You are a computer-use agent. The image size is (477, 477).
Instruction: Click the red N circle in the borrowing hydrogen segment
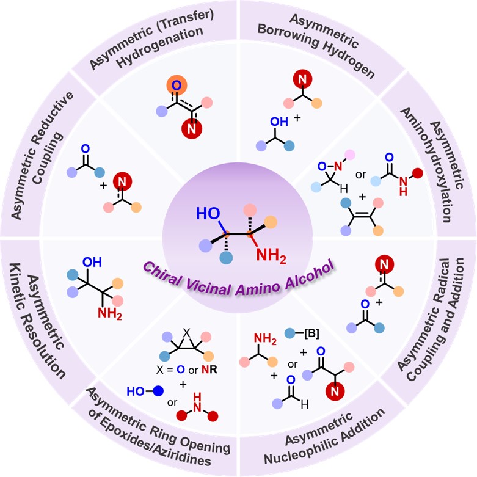[x=300, y=79]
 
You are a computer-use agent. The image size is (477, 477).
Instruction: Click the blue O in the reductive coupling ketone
[x=86, y=148]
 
